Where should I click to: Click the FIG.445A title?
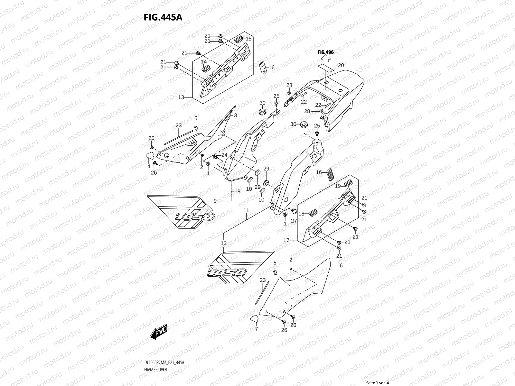[x=163, y=17]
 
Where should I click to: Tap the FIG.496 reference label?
[x=325, y=52]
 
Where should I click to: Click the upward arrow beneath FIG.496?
[x=325, y=59]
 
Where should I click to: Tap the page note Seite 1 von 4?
[x=378, y=383]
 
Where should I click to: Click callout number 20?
[x=341, y=65]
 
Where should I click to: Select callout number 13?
[x=181, y=97]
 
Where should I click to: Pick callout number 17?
[x=286, y=240]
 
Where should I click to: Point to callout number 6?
[x=341, y=266]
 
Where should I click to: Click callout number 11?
[x=246, y=210]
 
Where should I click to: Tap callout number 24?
[x=224, y=155]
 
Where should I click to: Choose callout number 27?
[x=294, y=221]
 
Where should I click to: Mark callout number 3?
[x=235, y=115]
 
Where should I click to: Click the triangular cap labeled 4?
[x=149, y=156]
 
